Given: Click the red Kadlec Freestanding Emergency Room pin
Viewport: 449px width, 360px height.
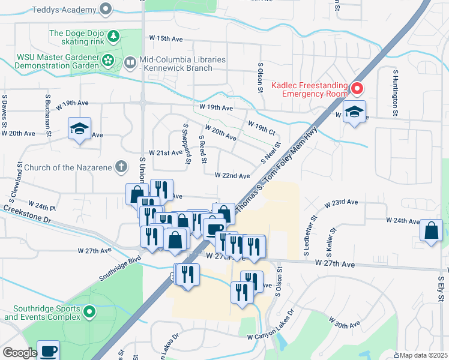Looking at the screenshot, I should click(x=357, y=89).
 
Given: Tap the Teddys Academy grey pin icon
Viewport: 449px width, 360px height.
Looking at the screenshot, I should click(x=106, y=9).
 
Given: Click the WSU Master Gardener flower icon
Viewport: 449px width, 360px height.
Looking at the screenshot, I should click(x=107, y=60).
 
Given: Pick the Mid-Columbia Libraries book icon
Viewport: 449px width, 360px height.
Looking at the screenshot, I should click(x=130, y=61).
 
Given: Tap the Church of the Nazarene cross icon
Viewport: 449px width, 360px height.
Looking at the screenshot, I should click(x=121, y=166).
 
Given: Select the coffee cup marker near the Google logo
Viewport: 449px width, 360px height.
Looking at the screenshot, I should click(x=48, y=350).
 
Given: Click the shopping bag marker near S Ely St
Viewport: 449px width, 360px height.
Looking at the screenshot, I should click(x=431, y=230).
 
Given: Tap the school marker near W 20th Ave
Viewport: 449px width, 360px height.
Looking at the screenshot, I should click(x=79, y=128).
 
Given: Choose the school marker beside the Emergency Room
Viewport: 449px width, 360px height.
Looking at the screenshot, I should click(x=354, y=112).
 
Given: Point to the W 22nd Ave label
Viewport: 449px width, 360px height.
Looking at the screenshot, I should click(x=232, y=176).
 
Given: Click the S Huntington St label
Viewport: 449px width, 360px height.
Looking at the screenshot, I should click(x=396, y=92).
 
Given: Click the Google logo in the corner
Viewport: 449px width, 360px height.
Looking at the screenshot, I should click(x=19, y=353).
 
